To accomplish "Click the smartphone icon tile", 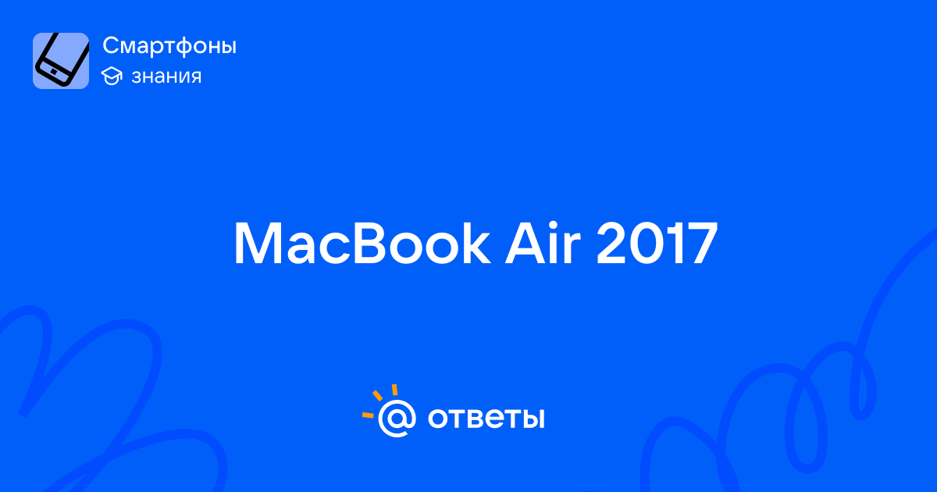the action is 61,61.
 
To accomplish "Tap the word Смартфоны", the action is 169,46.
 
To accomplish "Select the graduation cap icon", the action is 112,76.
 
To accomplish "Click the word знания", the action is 166,77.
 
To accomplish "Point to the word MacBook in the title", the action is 362,244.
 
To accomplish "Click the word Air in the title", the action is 543,243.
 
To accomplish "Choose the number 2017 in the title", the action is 657,244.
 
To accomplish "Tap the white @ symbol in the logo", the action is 397,418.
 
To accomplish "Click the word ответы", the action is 486,419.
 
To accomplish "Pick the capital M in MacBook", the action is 258,244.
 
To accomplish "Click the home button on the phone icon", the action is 54,72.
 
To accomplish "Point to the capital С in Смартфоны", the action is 112,45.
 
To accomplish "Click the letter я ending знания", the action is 195,77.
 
